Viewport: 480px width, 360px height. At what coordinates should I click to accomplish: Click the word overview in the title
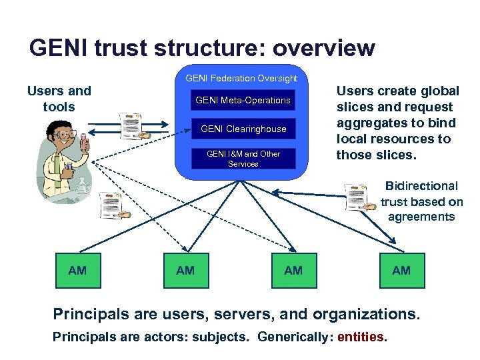(324, 48)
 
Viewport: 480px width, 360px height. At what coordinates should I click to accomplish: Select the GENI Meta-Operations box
(243, 101)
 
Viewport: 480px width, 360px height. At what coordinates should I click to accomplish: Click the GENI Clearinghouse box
(243, 129)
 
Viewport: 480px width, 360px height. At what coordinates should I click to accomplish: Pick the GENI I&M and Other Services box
(243, 159)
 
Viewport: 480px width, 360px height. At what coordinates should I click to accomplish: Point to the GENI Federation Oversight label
(241, 79)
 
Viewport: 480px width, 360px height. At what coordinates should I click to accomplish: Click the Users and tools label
(59, 99)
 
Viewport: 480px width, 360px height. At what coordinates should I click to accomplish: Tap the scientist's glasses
(65, 135)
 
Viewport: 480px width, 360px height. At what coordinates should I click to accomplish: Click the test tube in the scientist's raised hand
(84, 141)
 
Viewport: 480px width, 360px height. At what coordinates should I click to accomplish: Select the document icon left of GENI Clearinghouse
(131, 125)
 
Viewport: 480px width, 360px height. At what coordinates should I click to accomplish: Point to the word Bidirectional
(422, 186)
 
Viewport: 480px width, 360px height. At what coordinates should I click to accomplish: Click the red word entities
(361, 337)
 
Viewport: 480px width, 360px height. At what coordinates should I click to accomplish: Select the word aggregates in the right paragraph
(367, 123)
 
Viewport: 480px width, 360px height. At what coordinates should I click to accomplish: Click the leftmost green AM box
(77, 270)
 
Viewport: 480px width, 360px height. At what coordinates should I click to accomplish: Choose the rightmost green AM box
(401, 270)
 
